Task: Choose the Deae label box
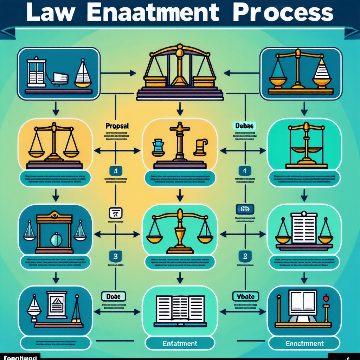pyautogui.click(x=114, y=296)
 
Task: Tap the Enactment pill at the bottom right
pyautogui.click(x=304, y=343)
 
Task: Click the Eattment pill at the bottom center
pyautogui.click(x=180, y=343)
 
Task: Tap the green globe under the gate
pyautogui.click(x=55, y=240)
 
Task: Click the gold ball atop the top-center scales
pyautogui.click(x=180, y=53)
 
